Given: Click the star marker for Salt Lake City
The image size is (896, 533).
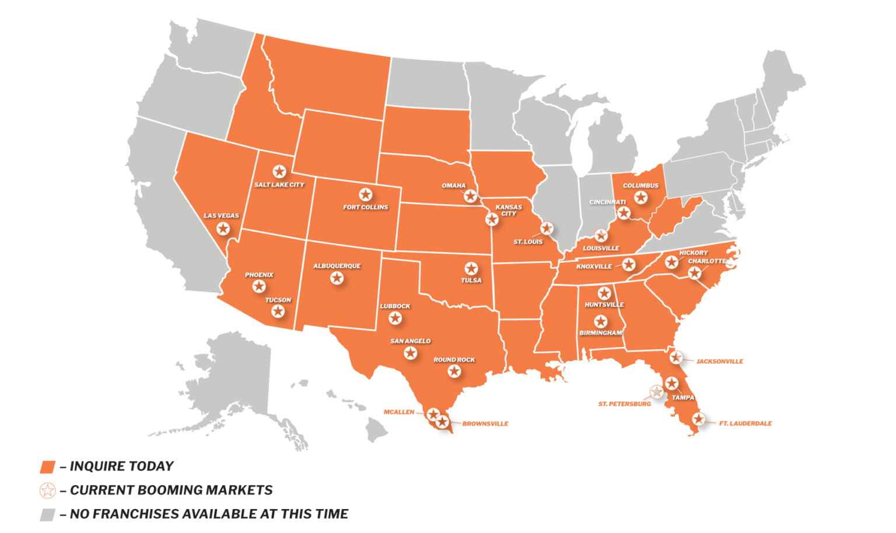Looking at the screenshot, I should (279, 171).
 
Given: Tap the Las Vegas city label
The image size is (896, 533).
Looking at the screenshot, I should (221, 216).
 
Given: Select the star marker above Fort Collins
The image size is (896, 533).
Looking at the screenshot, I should (365, 194).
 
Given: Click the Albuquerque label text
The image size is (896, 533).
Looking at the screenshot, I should (337, 266).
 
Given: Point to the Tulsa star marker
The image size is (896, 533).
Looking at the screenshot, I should (471, 268).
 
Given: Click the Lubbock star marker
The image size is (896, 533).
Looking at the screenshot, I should (395, 318).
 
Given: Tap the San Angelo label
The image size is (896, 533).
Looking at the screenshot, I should (410, 341).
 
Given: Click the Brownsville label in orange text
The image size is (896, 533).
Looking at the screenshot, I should (485, 424).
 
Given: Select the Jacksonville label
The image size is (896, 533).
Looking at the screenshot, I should (720, 362).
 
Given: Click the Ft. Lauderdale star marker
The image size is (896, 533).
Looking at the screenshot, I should (698, 419).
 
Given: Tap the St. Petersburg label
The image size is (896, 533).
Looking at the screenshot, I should (624, 404).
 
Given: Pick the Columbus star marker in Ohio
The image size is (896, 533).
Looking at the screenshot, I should (640, 197).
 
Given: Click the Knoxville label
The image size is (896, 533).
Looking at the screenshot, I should (594, 266).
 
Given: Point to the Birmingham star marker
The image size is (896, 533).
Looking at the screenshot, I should (600, 321).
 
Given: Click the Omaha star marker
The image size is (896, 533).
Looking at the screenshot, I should (470, 196).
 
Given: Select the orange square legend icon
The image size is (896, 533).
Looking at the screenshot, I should (47, 467).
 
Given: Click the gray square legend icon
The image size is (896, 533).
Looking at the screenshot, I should (47, 514).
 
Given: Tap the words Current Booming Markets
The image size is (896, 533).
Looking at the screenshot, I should (171, 490).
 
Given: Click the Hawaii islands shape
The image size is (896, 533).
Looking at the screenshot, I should (376, 429).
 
